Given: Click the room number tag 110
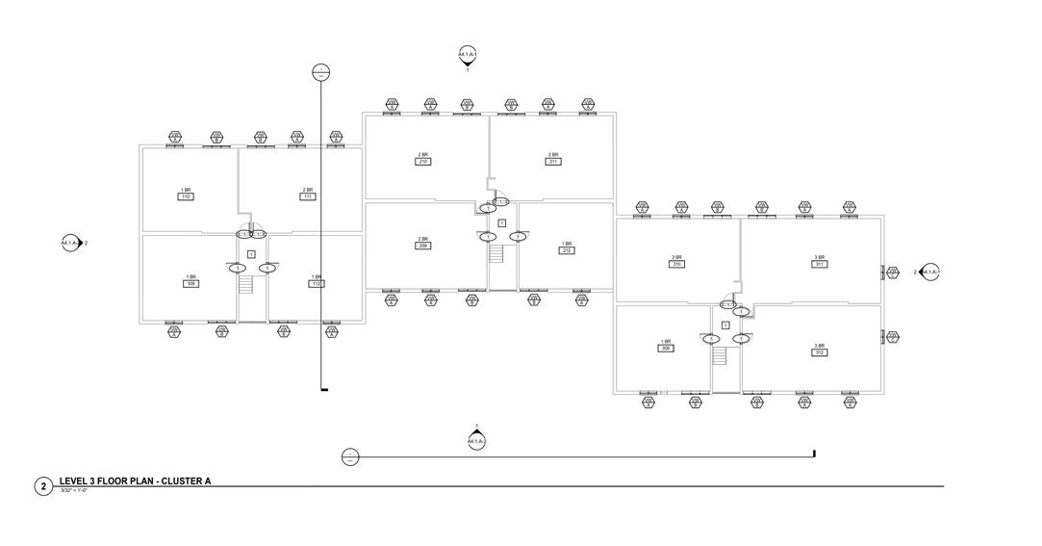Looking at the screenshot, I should coord(186,196).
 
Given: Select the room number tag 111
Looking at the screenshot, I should coord(308,196).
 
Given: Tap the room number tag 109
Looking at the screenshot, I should coord(191,284).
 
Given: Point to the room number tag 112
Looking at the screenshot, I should coord(316,284).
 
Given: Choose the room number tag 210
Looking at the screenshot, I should coord(422,161).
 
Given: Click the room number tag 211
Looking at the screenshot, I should coord(552,161).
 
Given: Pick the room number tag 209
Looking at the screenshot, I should coord(422,246).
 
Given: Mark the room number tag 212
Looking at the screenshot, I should coord(567,250).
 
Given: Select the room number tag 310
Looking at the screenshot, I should coord(677,264).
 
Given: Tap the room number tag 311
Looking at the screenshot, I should coord(820,264).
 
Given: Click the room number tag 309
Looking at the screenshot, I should coord(665,349).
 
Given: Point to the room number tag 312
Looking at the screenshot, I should coord(820,352).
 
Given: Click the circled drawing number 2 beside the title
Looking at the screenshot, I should coord(43,486).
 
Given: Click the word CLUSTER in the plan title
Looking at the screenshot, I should coord(180,481).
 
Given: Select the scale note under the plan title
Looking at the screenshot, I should coord(73,491).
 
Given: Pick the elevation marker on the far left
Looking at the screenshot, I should coord(70,244).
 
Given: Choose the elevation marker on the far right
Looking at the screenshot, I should coord(929,273).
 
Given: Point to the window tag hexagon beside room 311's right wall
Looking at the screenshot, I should coord(893,273).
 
